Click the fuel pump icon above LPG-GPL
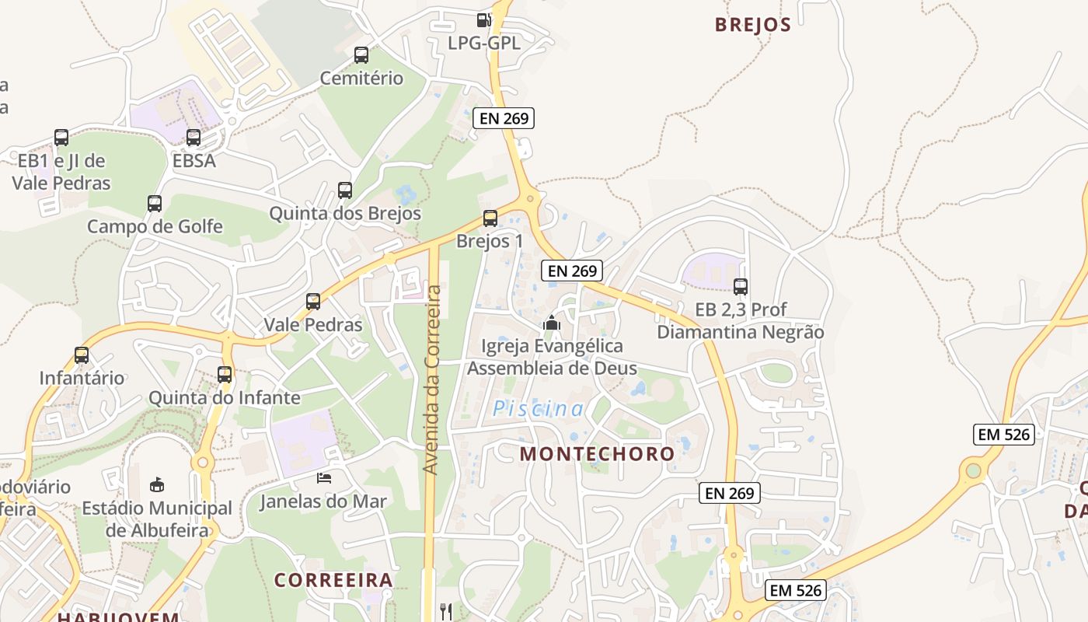pyautogui.click(x=483, y=20)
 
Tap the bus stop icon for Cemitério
pyautogui.click(x=361, y=55)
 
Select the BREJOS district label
pyautogui.click(x=752, y=25)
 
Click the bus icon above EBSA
pyautogui.click(x=194, y=138)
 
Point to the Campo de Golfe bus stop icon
pyautogui.click(x=155, y=204)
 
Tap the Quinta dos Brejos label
pyautogui.click(x=345, y=213)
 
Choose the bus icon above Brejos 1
pyautogui.click(x=490, y=218)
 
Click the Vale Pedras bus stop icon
pyautogui.click(x=313, y=302)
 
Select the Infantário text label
pyautogui.click(x=82, y=378)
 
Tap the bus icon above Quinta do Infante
pyautogui.click(x=225, y=374)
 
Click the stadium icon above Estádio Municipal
pyautogui.click(x=157, y=484)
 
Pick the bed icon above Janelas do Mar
pyautogui.click(x=323, y=477)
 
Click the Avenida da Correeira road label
pyautogui.click(x=432, y=380)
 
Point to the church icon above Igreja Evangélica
pyautogui.click(x=551, y=322)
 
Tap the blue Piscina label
pyautogui.click(x=538, y=408)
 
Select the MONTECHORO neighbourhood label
pyautogui.click(x=597, y=453)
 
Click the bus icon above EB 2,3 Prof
pyautogui.click(x=740, y=286)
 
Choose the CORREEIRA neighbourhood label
pyautogui.click(x=333, y=580)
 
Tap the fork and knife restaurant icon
pyautogui.click(x=445, y=611)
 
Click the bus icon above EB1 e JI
pyautogui.click(x=61, y=138)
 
